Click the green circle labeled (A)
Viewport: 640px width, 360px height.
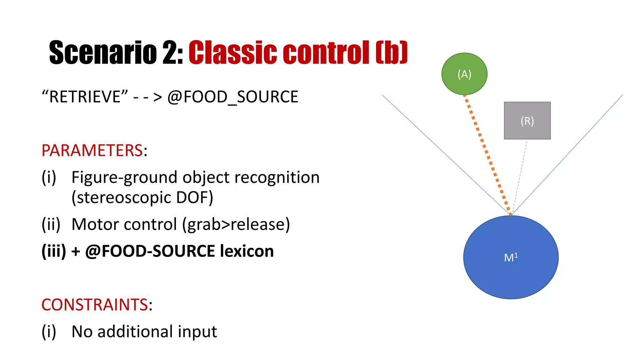pos(464,74)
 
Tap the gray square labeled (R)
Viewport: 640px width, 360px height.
pos(527,121)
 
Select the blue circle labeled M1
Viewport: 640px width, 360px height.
pos(511,257)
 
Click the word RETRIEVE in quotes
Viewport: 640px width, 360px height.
pos(85,97)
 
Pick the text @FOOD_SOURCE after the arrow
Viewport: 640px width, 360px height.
pos(233,97)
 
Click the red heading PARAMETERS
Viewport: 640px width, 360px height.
pos(92,151)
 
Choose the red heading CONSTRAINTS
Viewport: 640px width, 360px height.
pos(95,305)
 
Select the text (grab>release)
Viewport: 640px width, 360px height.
pos(236,224)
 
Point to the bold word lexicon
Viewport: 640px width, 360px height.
pos(247,251)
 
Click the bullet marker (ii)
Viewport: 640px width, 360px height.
pos(51,224)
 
